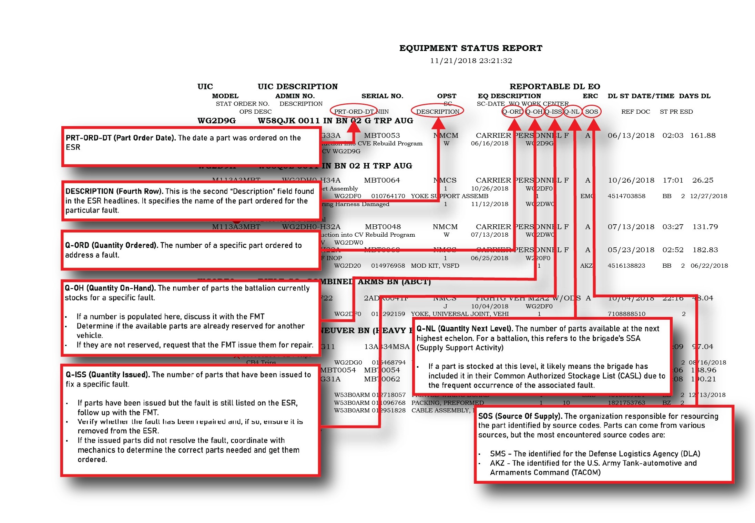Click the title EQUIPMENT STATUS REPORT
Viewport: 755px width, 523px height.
[471, 48]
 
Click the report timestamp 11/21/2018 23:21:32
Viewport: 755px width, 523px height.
[471, 61]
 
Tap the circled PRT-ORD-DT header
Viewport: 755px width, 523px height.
[354, 112]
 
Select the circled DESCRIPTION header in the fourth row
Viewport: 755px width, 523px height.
[438, 112]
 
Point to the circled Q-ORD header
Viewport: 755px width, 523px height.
[512, 112]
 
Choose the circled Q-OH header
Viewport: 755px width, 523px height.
[534, 112]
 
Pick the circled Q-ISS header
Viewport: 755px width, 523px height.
[553, 112]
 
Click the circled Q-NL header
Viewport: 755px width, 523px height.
[572, 112]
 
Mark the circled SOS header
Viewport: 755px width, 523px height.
[592, 112]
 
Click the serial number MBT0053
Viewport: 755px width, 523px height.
[382, 136]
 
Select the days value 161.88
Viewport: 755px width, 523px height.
[703, 136]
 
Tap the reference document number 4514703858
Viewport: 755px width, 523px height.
[626, 196]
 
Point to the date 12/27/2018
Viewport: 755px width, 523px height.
[708, 196]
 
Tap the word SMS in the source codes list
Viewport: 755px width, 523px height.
[498, 454]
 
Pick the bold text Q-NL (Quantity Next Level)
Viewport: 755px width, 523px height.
[465, 329]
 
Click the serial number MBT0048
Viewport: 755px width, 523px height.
[382, 227]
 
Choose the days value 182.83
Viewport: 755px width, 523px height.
[705, 250]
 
